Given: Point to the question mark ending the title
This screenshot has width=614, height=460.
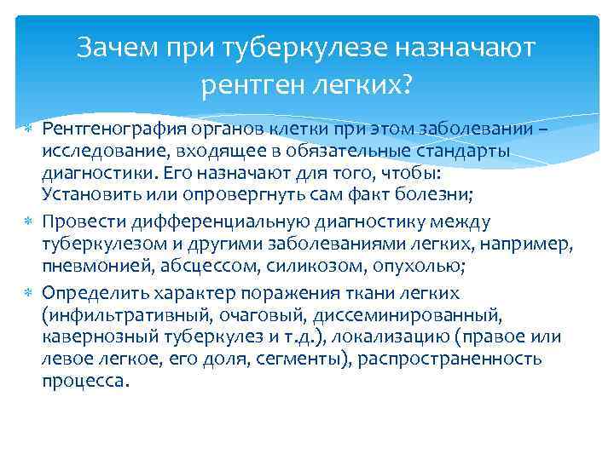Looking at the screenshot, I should point(405,83).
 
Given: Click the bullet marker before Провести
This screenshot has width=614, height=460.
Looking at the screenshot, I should point(26,222).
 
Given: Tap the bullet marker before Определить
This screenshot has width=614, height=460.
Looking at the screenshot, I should point(26,294).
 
